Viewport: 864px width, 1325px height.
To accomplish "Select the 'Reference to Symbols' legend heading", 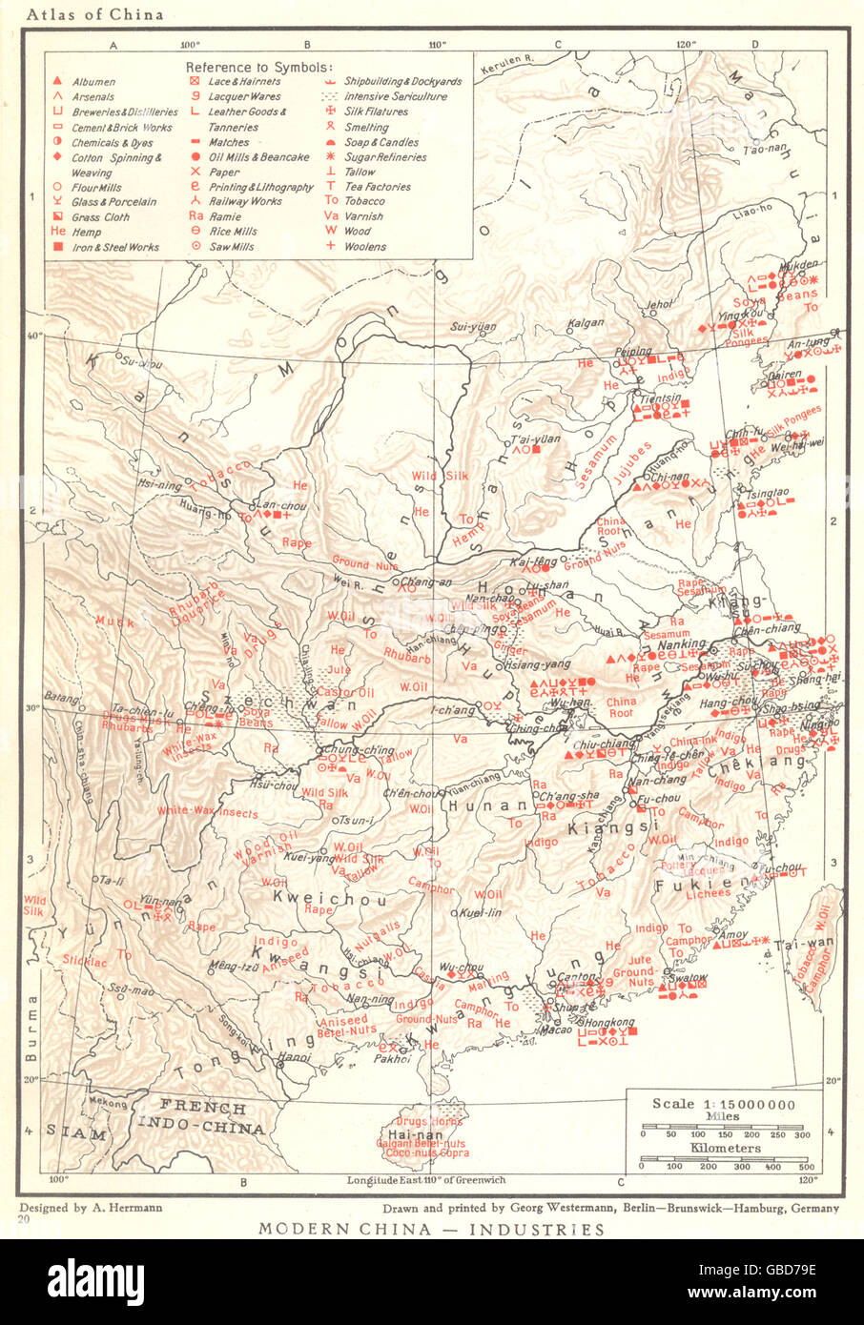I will [258, 67].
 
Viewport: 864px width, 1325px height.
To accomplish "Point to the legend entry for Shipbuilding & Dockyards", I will [395, 82].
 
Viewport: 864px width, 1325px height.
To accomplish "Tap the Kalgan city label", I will [586, 323].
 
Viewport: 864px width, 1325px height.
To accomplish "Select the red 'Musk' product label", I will [115, 622].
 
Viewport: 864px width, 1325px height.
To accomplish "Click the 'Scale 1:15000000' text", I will [723, 1103].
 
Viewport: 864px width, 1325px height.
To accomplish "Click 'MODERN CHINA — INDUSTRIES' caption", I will [431, 1229].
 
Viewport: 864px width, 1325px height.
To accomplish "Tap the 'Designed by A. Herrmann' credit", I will [91, 1207].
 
